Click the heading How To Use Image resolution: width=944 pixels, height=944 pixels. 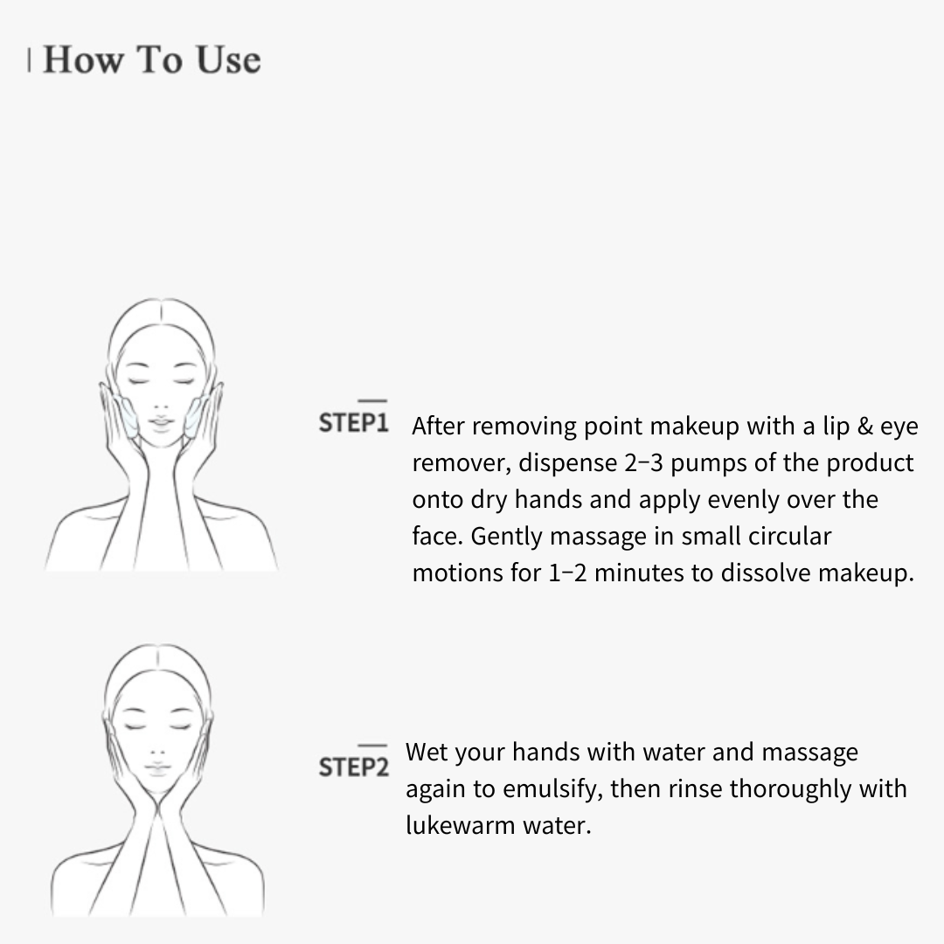coord(151,59)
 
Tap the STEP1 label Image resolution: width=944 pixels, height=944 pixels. coord(353,423)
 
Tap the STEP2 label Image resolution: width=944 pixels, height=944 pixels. coord(353,767)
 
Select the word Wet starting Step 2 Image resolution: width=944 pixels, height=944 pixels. coord(427,752)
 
